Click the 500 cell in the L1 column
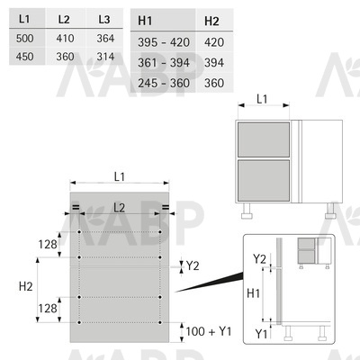click(x=25, y=39)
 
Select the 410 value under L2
click(x=65, y=39)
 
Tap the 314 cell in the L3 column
click(x=105, y=57)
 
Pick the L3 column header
click(x=104, y=20)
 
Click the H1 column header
click(x=145, y=21)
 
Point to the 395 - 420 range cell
click(x=164, y=42)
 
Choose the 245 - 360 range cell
click(x=164, y=83)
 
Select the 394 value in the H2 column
click(x=214, y=63)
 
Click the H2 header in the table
click(x=211, y=22)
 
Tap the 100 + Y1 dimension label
click(x=209, y=331)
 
